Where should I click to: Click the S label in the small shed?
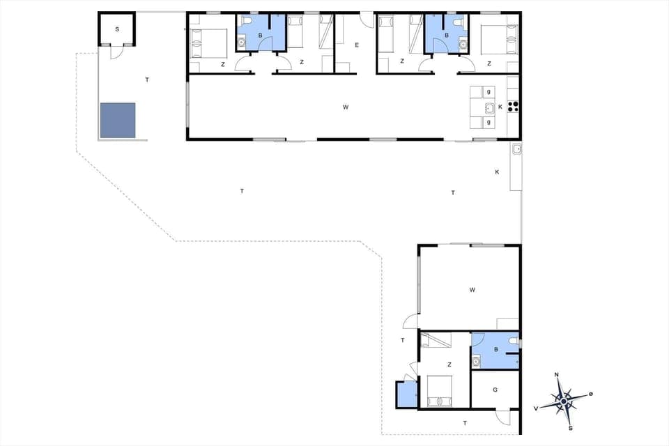[x=117, y=29]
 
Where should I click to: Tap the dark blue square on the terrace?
[x=117, y=120]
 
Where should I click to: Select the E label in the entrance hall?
[x=356, y=45]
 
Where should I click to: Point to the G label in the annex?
[x=495, y=389]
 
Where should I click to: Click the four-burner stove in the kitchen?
[x=514, y=107]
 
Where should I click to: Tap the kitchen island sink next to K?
[x=489, y=107]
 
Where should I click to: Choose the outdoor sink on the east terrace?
[x=516, y=149]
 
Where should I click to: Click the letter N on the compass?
[x=556, y=375]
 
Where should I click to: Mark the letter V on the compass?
[x=536, y=408]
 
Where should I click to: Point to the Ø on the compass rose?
[x=591, y=394]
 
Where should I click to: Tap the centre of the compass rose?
[x=564, y=401]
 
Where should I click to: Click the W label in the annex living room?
[x=472, y=289]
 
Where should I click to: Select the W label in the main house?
[x=345, y=107]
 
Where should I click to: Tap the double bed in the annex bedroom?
[x=438, y=391]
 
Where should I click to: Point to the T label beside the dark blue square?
[x=147, y=80]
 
